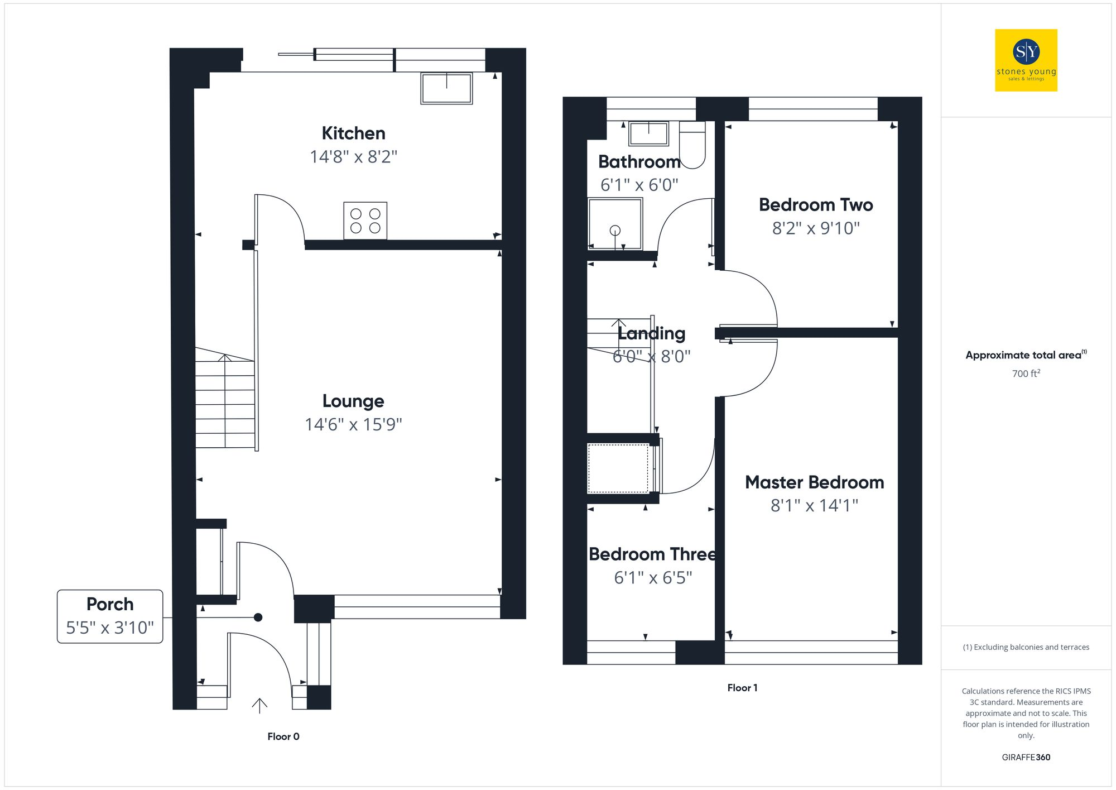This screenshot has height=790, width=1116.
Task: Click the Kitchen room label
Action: (x=353, y=133)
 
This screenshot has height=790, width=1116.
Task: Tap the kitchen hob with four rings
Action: (x=365, y=221)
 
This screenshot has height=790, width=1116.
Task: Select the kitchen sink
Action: (x=446, y=88)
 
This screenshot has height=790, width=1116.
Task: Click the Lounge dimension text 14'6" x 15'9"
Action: (x=353, y=424)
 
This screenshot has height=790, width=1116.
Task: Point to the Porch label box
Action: (x=110, y=616)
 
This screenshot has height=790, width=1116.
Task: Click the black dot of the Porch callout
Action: (x=258, y=617)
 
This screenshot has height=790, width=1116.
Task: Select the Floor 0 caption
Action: (x=283, y=736)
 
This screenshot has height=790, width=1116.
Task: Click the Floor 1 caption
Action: (x=742, y=688)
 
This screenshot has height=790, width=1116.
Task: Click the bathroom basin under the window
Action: (x=648, y=134)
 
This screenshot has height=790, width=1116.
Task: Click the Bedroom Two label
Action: (x=815, y=205)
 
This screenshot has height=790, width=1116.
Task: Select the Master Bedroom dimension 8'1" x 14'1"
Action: (x=814, y=505)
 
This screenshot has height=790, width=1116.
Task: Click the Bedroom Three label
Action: (x=652, y=554)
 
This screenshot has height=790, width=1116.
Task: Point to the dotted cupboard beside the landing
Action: (x=618, y=468)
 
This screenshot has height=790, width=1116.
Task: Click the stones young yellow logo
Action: (x=1026, y=60)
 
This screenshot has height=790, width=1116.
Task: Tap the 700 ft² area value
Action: (x=1026, y=374)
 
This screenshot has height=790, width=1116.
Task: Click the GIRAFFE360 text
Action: (x=1026, y=757)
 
